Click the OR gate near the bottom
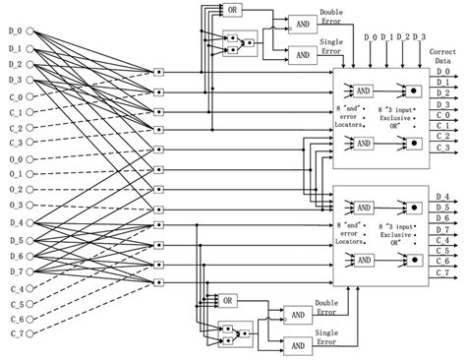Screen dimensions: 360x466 tap(228, 299)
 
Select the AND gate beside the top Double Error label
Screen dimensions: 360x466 tap(301, 21)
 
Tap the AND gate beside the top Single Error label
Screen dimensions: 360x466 tap(301, 53)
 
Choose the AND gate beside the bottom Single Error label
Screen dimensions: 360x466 tap(297, 345)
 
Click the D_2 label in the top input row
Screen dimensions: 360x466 tap(401, 37)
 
